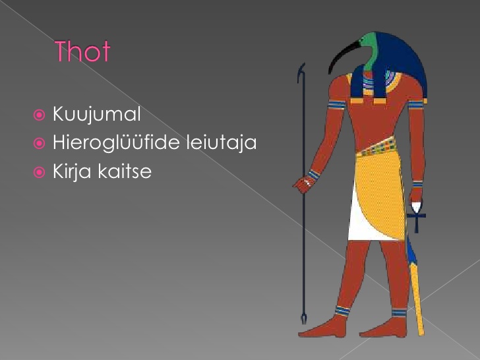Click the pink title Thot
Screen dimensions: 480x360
[82, 51]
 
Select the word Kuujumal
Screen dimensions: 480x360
[97, 114]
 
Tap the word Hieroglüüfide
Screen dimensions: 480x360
[116, 142]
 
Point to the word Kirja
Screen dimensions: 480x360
[72, 171]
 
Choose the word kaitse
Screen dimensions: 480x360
[125, 171]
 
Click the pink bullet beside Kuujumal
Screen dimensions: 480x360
[39, 115]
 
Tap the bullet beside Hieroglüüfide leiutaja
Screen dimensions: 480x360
[39, 143]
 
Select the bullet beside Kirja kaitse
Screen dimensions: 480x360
[39, 172]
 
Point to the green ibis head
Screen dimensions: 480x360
[369, 51]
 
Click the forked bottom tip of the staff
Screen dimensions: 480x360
[304, 318]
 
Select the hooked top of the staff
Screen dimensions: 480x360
[301, 73]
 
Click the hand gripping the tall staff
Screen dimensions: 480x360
[304, 185]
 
